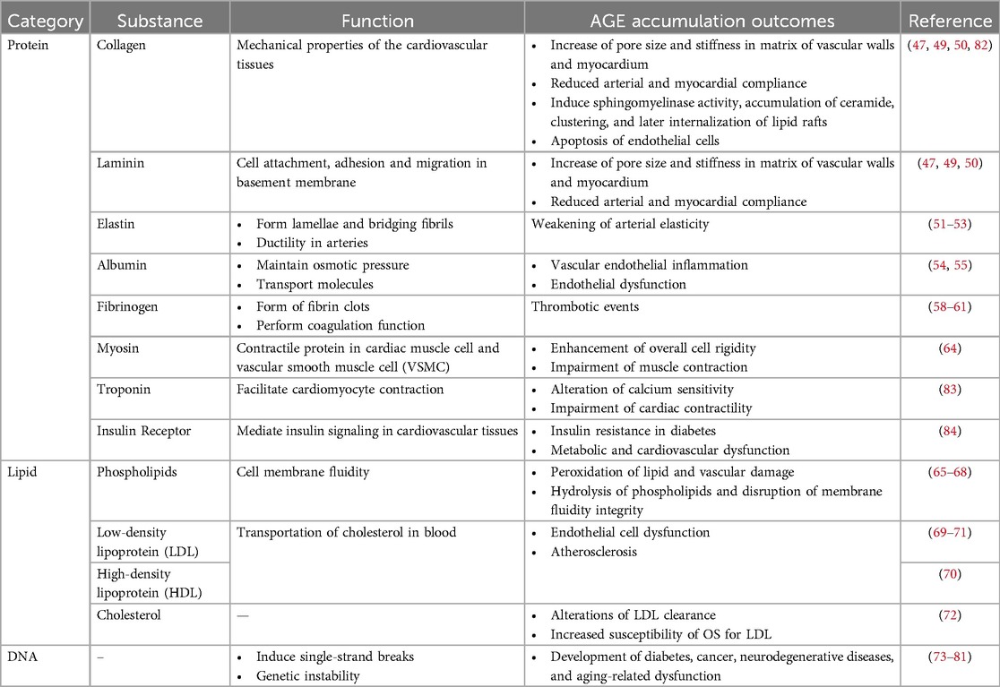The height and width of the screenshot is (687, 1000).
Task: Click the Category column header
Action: [x=44, y=21]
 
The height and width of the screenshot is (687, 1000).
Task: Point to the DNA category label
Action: [x=22, y=657]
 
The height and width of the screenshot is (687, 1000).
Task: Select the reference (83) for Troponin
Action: [x=950, y=390]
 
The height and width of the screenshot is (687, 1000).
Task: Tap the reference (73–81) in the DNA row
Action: [x=950, y=657]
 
